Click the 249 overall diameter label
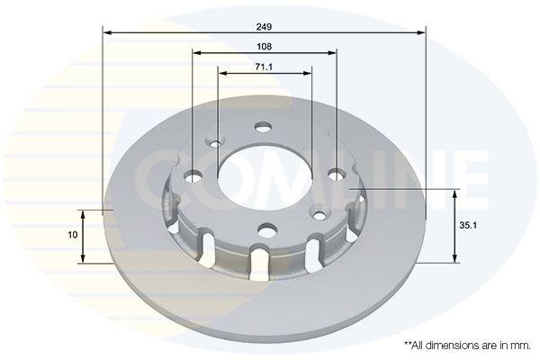pos(264,26)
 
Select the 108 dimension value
pos(264,47)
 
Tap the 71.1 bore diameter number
pos(264,67)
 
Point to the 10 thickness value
pos(73,235)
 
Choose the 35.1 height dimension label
pos(468,226)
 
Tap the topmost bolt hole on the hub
pos(263,127)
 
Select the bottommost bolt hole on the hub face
pos(268,229)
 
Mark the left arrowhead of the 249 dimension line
pos(107,32)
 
